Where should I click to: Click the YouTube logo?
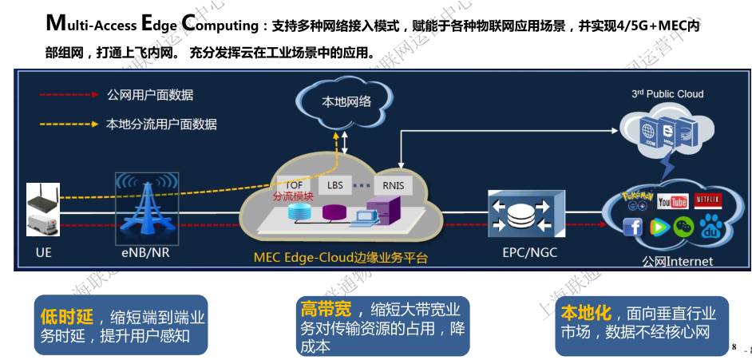(672, 202)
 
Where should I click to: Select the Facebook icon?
(633, 227)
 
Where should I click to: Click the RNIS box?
(393, 186)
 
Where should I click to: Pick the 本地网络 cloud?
(346, 102)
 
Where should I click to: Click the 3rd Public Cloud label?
(667, 93)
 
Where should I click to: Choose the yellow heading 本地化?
(586, 312)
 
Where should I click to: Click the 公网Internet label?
(677, 261)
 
